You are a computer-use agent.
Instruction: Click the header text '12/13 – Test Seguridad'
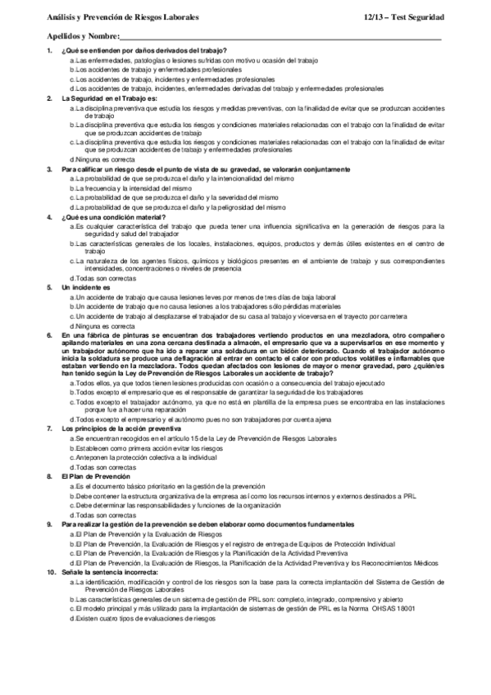click(403, 16)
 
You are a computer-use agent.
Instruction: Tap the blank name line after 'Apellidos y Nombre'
click(279, 38)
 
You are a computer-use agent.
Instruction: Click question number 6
click(50, 336)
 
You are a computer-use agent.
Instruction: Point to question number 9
click(50, 522)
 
